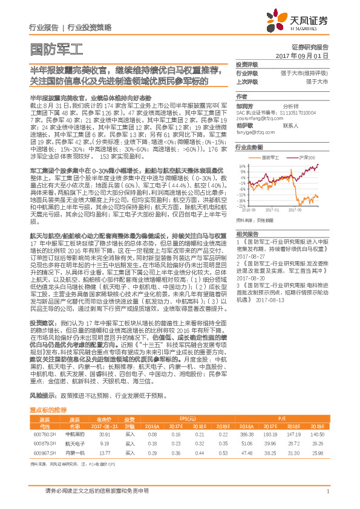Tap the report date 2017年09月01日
point(302,56)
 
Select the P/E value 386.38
point(245,434)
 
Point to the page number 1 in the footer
point(327,491)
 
